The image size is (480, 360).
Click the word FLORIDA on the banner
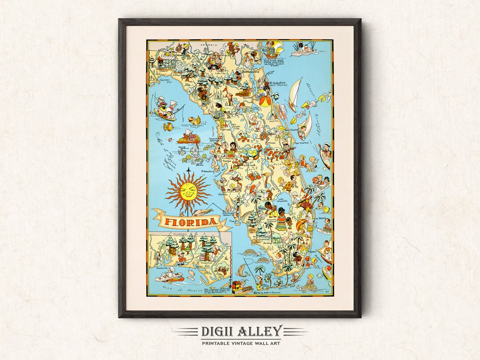tap(192, 221)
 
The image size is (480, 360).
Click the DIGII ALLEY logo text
tap(240, 332)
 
